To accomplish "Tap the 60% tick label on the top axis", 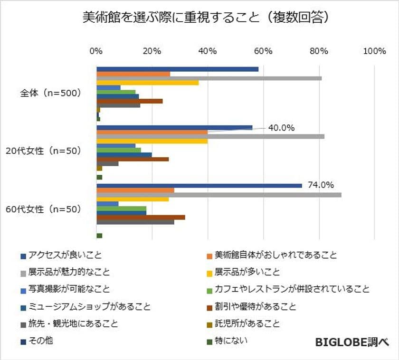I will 264,51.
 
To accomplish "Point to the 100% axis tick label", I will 374,51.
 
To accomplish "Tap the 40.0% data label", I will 281,128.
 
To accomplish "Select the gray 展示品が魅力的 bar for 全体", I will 209,78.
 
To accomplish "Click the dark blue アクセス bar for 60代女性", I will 199,185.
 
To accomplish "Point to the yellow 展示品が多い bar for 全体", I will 148,83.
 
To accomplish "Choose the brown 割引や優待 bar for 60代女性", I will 141,217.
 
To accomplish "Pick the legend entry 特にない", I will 231,341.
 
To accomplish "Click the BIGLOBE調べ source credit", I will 351,342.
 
